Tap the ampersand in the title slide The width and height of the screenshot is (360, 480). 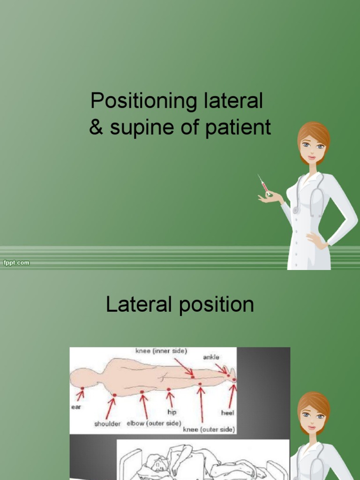[x=96, y=127]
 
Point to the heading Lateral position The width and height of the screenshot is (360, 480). [x=180, y=305]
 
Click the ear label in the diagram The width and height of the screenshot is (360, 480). [x=76, y=407]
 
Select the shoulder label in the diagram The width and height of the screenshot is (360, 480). [x=107, y=424]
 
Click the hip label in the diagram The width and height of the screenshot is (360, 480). [x=172, y=412]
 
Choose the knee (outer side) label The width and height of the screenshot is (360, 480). [x=209, y=429]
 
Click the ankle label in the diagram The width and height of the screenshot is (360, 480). [x=211, y=357]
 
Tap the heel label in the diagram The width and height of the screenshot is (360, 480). [x=228, y=413]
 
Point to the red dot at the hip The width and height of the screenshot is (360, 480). [x=169, y=389]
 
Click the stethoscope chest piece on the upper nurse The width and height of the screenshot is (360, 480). [x=296, y=210]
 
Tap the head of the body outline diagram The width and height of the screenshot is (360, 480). [x=82, y=378]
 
